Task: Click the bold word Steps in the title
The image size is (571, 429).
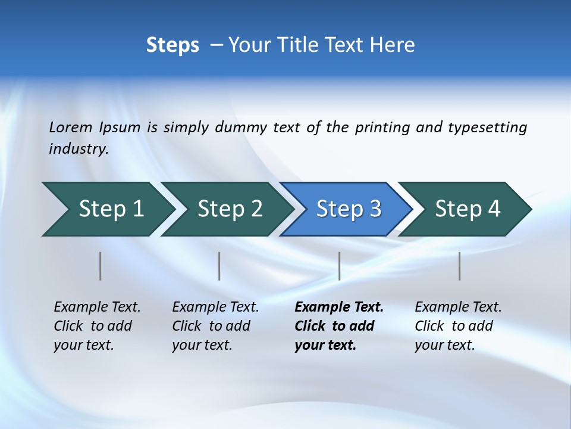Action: pos(172,45)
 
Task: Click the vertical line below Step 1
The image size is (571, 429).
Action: pos(101,266)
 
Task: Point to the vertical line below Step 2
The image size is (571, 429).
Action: pos(219,266)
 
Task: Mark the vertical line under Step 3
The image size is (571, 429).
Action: pos(339,266)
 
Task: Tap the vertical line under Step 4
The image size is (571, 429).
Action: pos(459,266)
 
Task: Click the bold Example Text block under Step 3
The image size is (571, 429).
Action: pos(339,326)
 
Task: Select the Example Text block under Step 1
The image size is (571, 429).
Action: pos(97,326)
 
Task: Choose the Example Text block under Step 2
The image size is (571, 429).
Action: pos(215,326)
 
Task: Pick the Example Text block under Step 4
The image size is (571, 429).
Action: pos(458,326)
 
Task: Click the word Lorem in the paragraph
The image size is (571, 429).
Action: pos(71,128)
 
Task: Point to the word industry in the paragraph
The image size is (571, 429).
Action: pos(79,149)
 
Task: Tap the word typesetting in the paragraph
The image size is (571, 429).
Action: pos(487,128)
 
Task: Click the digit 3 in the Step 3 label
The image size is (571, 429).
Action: pos(375,209)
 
